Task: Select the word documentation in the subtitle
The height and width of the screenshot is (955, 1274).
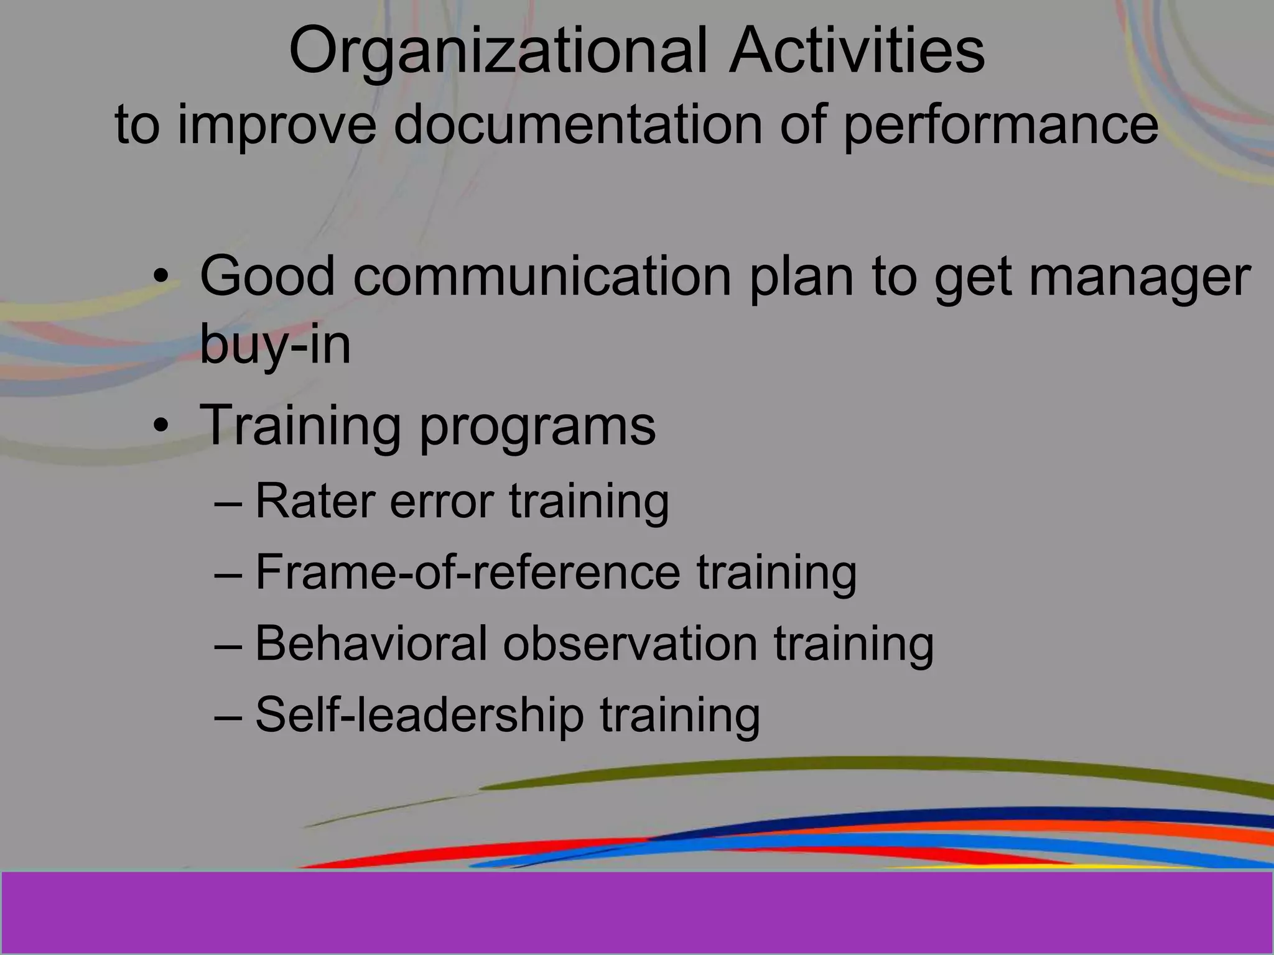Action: pos(578,124)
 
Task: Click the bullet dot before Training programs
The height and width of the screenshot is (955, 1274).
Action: pos(161,427)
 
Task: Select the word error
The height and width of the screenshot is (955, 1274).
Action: pos(442,502)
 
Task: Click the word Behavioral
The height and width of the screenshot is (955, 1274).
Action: pos(371,643)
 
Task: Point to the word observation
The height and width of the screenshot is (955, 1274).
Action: pos(630,643)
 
